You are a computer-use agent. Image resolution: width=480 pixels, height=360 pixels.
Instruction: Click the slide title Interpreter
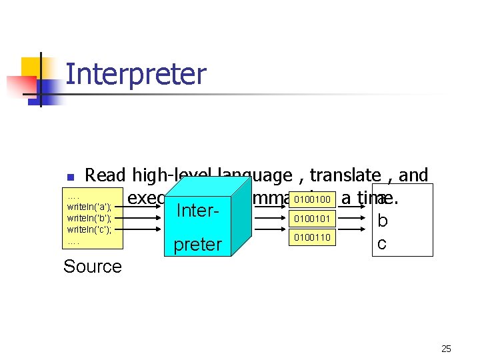click(x=136, y=74)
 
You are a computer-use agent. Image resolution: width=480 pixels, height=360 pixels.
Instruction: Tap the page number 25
click(x=446, y=349)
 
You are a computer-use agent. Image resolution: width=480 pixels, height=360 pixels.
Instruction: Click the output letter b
click(x=382, y=220)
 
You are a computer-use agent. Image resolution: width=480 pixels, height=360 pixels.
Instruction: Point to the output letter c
click(x=381, y=244)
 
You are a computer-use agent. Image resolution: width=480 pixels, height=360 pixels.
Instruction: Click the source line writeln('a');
click(x=89, y=207)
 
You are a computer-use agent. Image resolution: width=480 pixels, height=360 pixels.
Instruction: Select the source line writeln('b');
click(x=89, y=218)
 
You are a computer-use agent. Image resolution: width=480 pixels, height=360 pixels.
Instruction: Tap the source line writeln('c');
click(x=89, y=229)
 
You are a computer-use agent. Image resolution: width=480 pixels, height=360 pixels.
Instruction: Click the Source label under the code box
click(x=93, y=267)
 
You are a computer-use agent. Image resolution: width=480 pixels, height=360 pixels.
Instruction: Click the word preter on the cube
click(x=197, y=245)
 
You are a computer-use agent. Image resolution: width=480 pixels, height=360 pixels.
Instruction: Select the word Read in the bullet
click(x=107, y=175)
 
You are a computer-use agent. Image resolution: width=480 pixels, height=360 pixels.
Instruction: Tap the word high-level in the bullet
click(x=169, y=175)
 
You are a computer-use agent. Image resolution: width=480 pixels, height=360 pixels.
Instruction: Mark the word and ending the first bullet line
click(x=413, y=175)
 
